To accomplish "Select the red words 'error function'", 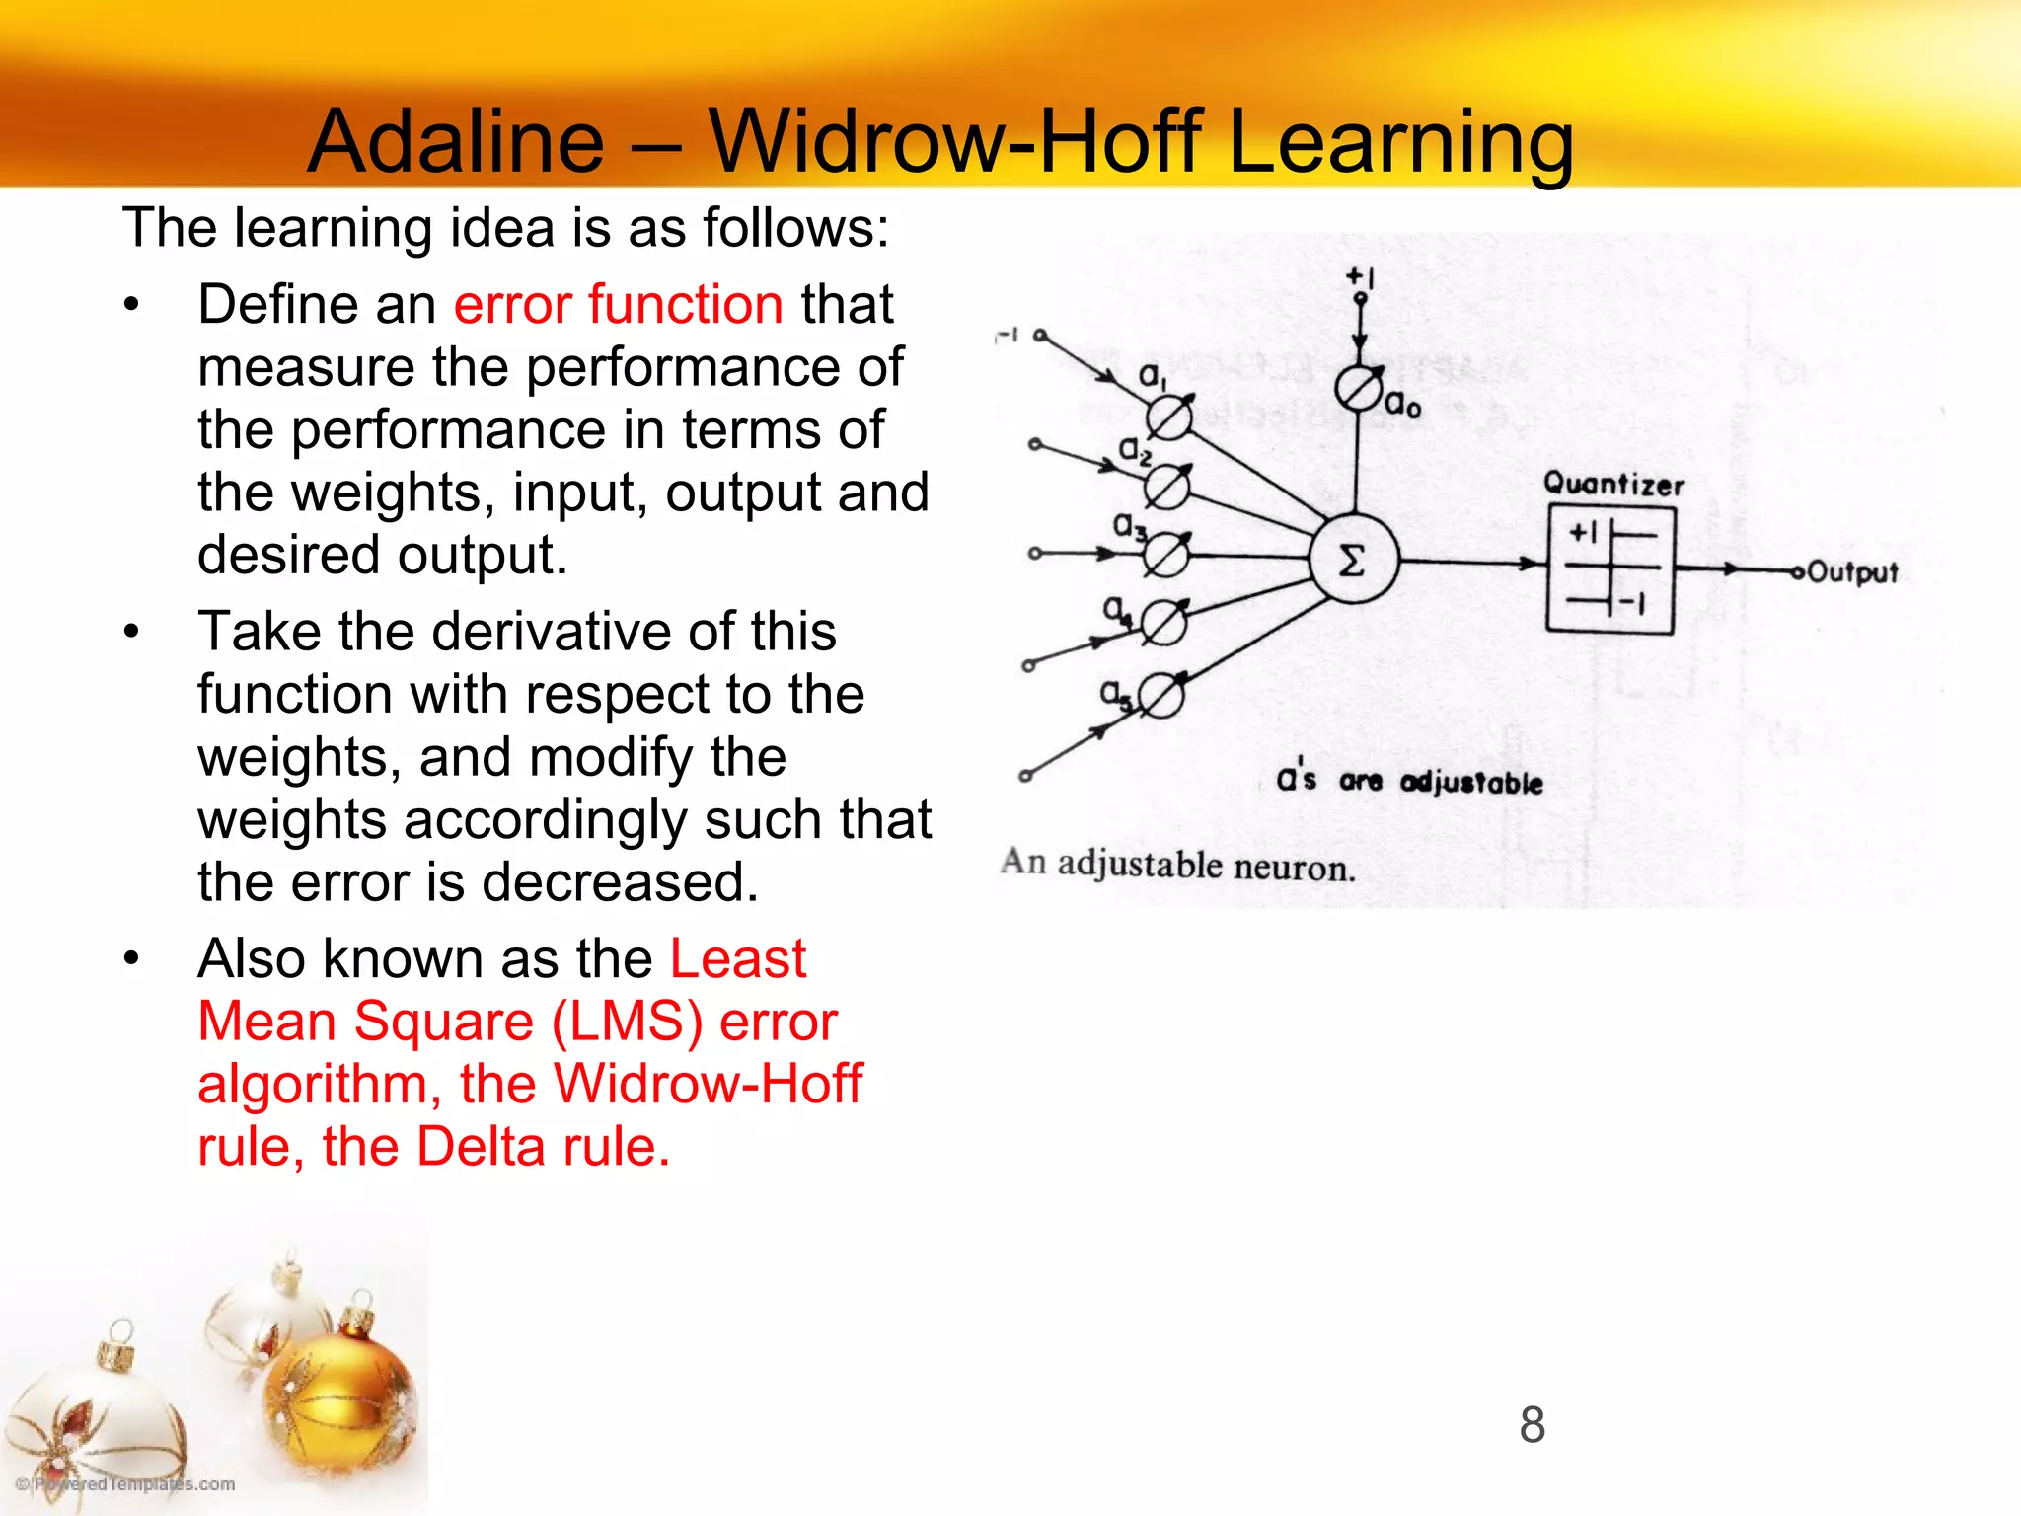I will point(618,304).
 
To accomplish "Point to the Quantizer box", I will point(1609,570).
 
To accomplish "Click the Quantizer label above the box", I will point(1613,484).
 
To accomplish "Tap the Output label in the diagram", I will point(1852,572).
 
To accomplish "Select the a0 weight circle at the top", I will point(1359,388).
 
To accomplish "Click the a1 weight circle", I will point(1169,417).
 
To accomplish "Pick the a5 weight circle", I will point(1161,698).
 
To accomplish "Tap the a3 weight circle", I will point(1165,555).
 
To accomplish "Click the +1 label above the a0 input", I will point(1361,277).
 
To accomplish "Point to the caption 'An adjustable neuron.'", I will point(1177,865).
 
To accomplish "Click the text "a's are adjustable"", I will point(1409,781).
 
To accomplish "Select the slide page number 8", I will point(1532,1424).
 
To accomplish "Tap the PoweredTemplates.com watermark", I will point(125,1483).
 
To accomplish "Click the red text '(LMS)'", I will point(626,1022).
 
